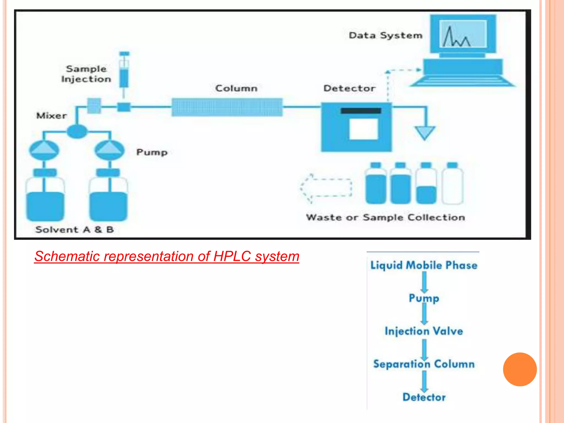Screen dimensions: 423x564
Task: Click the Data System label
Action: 385,36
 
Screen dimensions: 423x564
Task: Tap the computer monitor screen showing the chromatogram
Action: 463,34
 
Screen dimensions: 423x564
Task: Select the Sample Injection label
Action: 86,74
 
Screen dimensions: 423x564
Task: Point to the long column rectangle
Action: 227,107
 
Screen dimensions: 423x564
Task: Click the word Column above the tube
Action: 236,88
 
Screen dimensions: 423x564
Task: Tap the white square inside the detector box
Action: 364,129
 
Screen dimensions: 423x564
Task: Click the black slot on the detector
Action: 361,111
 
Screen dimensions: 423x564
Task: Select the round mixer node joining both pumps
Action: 77,132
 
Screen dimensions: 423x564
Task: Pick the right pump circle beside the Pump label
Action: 109,150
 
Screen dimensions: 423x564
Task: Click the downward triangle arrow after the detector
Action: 425,132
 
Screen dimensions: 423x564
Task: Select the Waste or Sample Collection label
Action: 386,217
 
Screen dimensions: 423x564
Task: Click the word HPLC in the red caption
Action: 232,256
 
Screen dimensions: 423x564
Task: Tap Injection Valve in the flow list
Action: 424,331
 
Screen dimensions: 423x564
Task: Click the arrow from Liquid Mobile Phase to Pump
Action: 424,282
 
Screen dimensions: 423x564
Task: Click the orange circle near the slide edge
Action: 520,369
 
